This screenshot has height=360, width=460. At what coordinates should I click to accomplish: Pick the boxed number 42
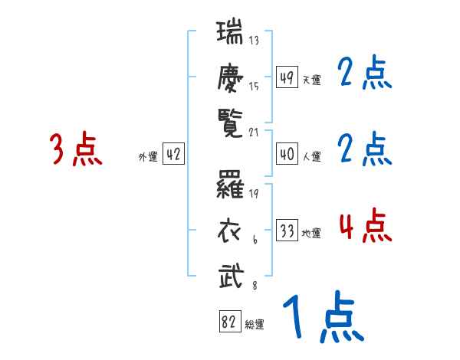173,155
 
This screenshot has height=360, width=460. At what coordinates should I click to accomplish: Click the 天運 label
311,80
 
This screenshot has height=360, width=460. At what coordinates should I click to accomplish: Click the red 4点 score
365,226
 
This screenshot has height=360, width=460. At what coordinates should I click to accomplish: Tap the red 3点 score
76,149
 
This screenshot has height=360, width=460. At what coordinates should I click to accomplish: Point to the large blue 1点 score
322,318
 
